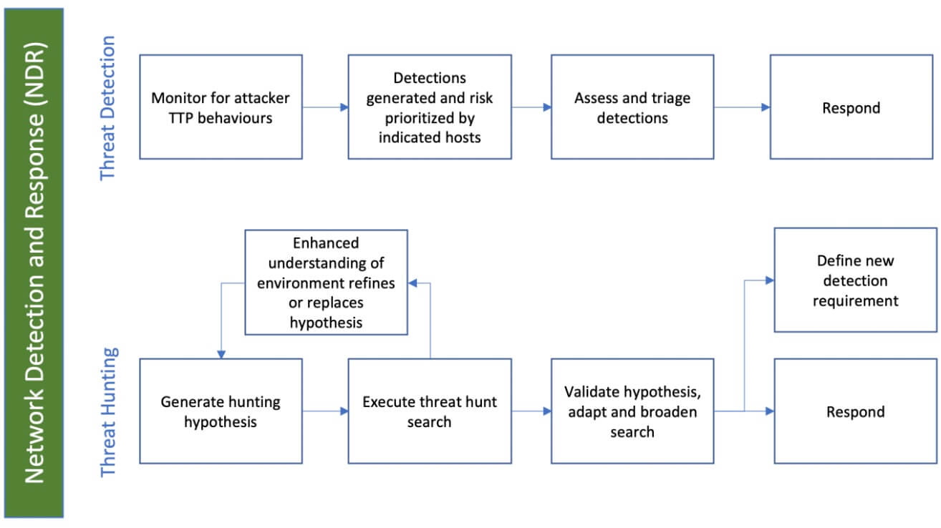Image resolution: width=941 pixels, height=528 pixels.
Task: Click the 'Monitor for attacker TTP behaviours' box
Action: click(221, 107)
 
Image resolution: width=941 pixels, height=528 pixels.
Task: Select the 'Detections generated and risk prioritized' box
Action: click(430, 107)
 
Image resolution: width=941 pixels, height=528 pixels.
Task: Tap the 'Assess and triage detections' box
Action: click(632, 107)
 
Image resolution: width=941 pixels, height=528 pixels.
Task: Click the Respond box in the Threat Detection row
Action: click(851, 107)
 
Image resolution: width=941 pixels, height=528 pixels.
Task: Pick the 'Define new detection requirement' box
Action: click(855, 280)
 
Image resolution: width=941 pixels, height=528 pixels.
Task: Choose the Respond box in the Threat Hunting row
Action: click(855, 411)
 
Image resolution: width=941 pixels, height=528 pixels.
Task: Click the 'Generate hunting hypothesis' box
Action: click(221, 411)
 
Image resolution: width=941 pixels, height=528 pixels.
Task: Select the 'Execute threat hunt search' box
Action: click(430, 411)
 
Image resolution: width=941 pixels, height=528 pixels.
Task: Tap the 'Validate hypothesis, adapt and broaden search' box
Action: click(632, 411)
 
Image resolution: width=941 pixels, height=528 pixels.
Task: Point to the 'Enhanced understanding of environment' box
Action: click(326, 283)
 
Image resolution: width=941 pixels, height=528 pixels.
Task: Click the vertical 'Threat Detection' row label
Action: click(107, 108)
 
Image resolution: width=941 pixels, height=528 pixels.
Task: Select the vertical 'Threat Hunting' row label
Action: click(107, 412)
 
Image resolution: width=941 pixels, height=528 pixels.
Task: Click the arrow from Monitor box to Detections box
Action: click(325, 107)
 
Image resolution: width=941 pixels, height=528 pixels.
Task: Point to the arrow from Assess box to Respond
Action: click(742, 107)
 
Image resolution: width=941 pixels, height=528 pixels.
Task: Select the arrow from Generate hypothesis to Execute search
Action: click(325, 411)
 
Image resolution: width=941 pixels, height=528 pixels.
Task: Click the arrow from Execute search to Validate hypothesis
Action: click(531, 411)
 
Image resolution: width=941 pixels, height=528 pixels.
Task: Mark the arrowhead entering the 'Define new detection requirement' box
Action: click(770, 280)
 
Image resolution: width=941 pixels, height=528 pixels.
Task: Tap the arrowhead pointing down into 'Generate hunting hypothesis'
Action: click(221, 354)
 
